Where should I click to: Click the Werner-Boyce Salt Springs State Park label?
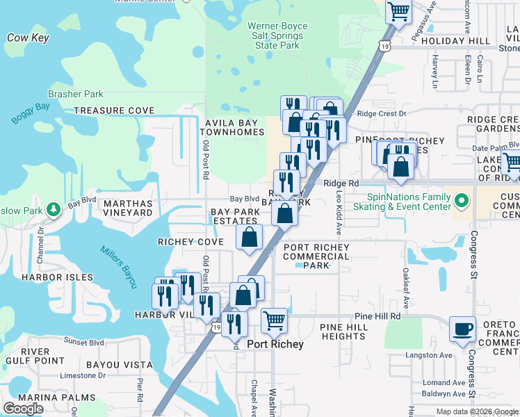click(277, 36)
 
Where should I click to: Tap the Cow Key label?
click(28, 38)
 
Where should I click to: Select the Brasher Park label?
click(75, 95)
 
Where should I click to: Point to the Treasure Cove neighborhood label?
click(114, 111)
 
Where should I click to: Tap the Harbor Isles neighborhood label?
click(47, 277)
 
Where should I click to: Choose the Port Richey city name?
click(275, 345)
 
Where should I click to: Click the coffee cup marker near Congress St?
click(462, 329)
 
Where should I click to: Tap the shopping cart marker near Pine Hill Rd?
click(275, 321)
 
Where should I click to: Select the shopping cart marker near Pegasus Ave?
click(398, 11)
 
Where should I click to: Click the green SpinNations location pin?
click(460, 202)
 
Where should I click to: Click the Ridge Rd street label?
click(341, 183)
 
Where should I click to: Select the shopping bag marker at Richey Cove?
click(249, 238)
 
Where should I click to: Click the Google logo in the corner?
click(23, 409)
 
